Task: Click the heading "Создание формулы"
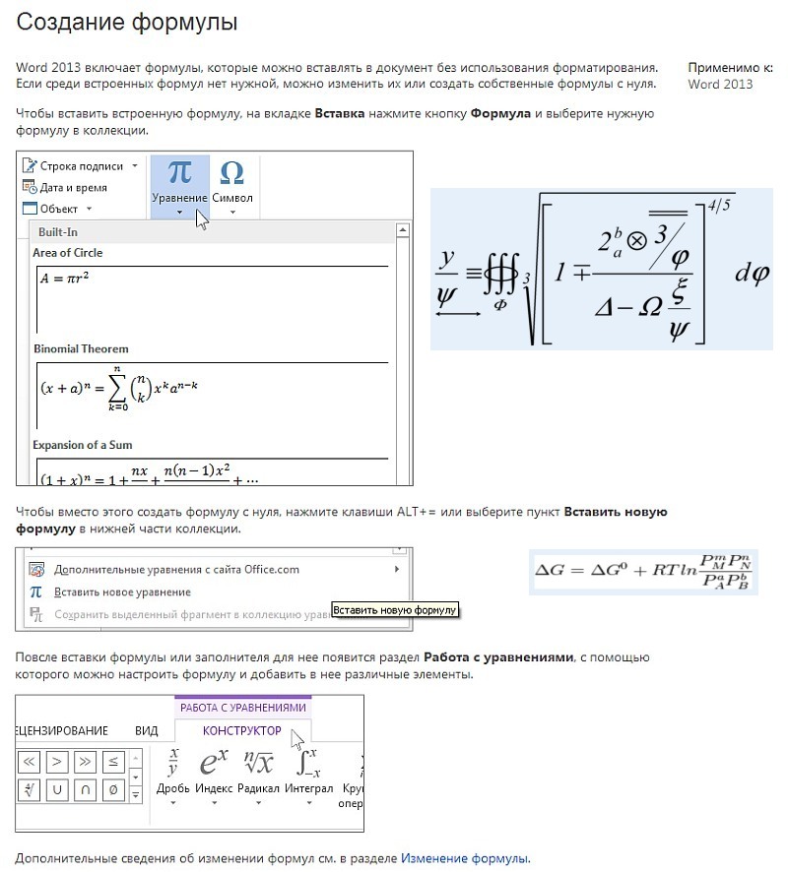click(127, 22)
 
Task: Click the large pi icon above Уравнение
click(179, 172)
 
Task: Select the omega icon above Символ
click(232, 172)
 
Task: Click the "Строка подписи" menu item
click(81, 166)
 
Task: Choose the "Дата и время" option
click(73, 187)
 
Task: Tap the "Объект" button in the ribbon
click(58, 209)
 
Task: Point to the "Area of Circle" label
click(68, 253)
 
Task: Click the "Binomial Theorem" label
click(81, 349)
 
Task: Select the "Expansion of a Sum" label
click(84, 445)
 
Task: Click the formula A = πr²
click(66, 279)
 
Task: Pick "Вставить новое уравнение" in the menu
click(122, 592)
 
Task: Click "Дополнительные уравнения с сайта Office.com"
click(176, 569)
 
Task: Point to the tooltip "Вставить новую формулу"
click(395, 610)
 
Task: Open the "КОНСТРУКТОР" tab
click(241, 730)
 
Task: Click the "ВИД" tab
click(146, 730)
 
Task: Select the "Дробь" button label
click(173, 788)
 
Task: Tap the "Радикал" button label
click(259, 788)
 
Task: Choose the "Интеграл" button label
click(309, 788)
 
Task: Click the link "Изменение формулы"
click(464, 858)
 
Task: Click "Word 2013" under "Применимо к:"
click(720, 85)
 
